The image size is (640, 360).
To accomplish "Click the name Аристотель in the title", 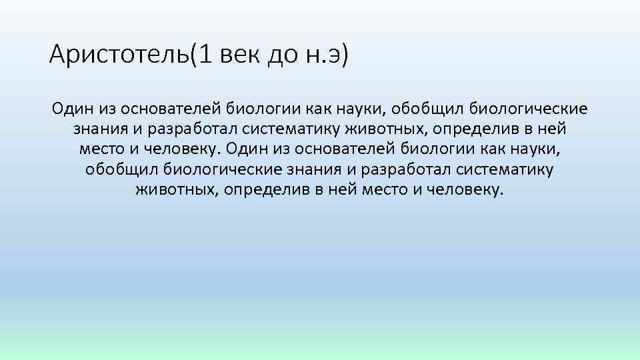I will [x=119, y=54].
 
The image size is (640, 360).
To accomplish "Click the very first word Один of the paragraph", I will [x=71, y=109].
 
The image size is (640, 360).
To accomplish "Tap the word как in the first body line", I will [x=321, y=109].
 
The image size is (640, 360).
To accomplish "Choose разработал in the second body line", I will [x=187, y=129].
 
